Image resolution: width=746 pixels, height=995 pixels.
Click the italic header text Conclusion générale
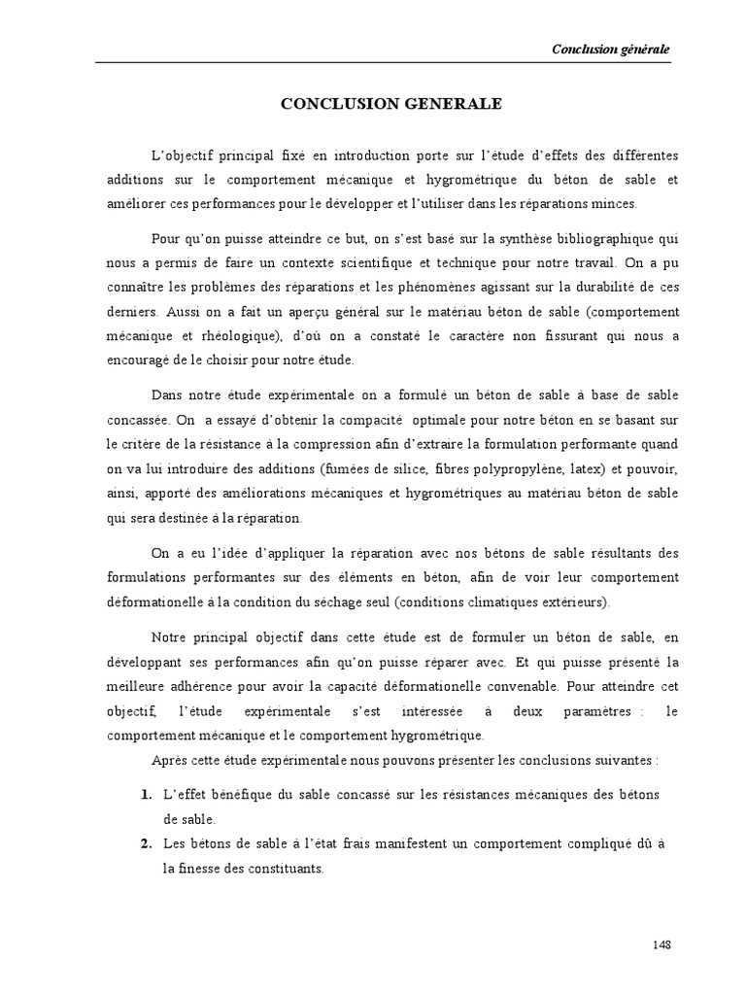click(x=610, y=50)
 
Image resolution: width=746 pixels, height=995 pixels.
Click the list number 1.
click(x=146, y=795)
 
